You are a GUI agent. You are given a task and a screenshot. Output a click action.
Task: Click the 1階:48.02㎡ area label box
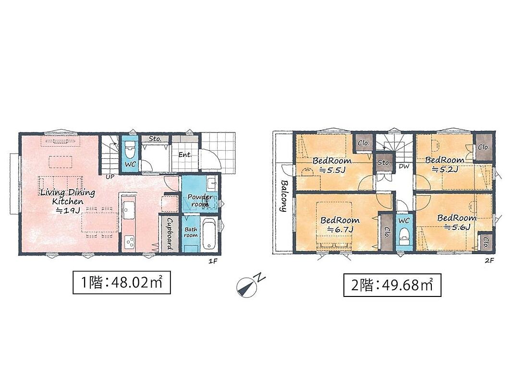coord(122,282)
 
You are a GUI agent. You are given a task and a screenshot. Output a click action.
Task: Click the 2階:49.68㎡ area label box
coord(392,285)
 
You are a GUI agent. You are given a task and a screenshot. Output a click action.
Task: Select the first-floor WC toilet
coord(130,149)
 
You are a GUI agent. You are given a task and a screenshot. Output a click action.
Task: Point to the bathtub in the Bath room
coord(208,233)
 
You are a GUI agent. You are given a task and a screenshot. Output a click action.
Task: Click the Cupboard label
coord(170,233)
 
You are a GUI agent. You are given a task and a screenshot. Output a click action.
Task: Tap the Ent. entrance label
coord(185,154)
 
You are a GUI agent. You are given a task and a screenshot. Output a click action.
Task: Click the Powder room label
coord(199,200)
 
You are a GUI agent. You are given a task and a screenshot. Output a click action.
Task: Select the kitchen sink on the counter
coord(128,210)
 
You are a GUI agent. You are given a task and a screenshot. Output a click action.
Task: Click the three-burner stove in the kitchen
coord(129,243)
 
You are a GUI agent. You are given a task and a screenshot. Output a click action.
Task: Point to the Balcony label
coord(283,196)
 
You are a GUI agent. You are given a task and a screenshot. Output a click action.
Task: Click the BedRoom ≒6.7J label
coord(340,224)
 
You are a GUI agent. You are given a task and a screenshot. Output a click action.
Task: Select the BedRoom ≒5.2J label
coord(444,165)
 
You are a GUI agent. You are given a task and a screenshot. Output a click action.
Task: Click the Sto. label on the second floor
coord(384,163)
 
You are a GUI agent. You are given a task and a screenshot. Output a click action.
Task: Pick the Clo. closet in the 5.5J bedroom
coord(364,143)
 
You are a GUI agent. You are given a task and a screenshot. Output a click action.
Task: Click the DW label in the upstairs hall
coord(404,166)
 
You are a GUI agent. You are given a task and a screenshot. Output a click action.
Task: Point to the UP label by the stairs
coord(110,177)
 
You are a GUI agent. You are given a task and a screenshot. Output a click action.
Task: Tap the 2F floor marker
coord(489,260)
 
